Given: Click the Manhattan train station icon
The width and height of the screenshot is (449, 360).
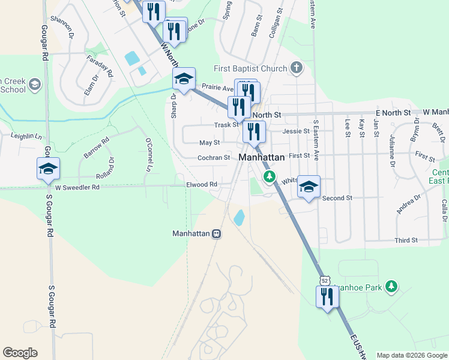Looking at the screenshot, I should [x=216, y=233].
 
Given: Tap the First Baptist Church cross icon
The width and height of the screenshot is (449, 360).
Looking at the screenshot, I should [x=296, y=68].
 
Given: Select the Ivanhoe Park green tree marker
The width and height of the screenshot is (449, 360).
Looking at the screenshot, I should [x=391, y=286].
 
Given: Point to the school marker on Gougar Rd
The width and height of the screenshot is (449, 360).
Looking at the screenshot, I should [x=48, y=169].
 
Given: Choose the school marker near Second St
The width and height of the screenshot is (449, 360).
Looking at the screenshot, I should [x=309, y=187].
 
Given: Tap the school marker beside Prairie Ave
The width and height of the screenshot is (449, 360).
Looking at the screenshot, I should [x=184, y=79].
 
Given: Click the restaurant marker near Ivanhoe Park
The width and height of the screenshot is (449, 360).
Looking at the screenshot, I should [x=328, y=297].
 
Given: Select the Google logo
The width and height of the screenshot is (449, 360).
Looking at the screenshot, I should [x=20, y=353].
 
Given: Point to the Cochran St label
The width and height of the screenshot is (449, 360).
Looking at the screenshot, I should [x=214, y=158].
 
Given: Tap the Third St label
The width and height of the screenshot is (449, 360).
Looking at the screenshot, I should [x=406, y=240].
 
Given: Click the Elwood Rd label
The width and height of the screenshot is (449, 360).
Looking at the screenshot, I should [x=200, y=185].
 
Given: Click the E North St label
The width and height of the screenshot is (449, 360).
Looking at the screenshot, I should [x=393, y=113].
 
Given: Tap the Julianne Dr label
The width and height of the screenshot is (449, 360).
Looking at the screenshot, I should [x=391, y=155].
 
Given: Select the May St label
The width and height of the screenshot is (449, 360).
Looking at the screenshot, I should [x=209, y=143].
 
